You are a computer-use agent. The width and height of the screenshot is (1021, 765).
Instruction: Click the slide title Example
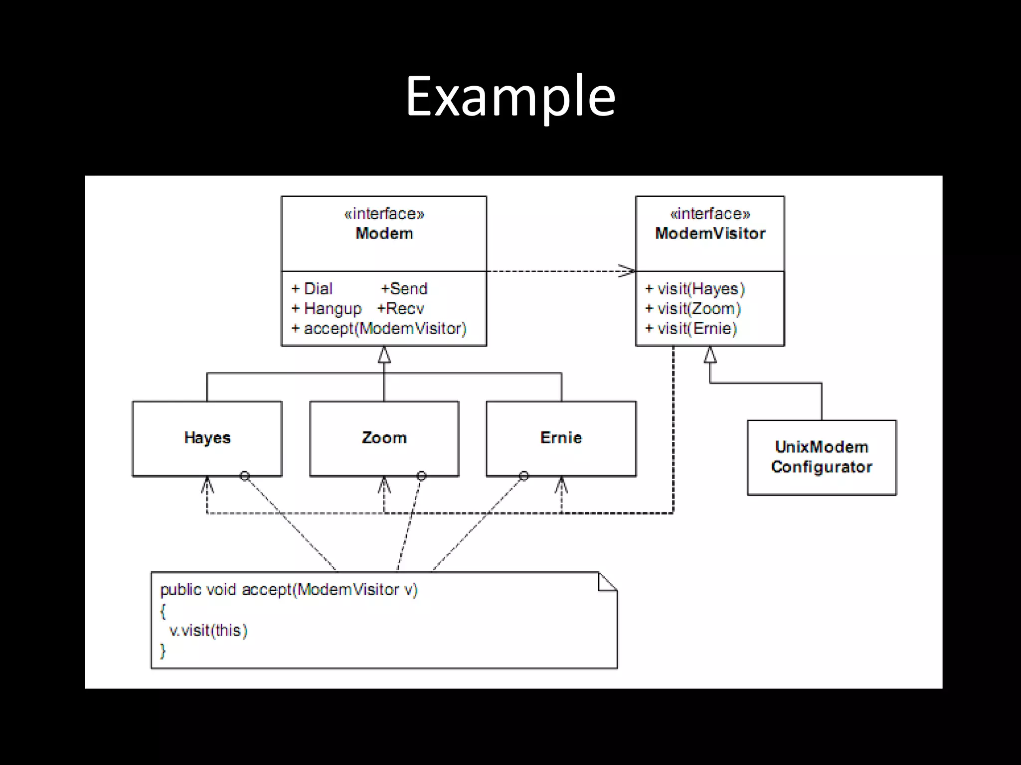[x=510, y=96]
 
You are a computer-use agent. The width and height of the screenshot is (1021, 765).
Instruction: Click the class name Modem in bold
[x=384, y=233]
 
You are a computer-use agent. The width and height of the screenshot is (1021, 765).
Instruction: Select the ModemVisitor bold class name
[x=710, y=233]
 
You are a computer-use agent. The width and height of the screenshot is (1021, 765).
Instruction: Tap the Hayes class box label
[x=207, y=438]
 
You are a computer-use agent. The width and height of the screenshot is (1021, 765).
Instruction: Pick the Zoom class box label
[x=384, y=438]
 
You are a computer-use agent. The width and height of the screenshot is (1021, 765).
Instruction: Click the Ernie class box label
[x=561, y=438]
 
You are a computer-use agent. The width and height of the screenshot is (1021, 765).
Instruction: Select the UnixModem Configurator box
[x=822, y=457]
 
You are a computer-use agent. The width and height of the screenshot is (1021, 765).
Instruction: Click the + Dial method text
[x=312, y=289]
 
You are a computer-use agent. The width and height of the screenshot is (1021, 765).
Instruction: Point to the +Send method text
[x=404, y=289]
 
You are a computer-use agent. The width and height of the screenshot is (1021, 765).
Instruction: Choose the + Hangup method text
[x=327, y=309]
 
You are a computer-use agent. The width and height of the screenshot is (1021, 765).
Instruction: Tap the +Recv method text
[x=400, y=309]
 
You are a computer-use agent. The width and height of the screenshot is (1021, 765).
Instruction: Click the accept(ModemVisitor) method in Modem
[x=379, y=329]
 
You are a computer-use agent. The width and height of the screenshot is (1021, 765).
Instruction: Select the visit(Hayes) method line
[x=695, y=289]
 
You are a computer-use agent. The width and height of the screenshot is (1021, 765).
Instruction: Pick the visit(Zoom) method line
[x=693, y=309]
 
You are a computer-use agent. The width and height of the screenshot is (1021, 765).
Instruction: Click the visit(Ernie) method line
[x=691, y=329]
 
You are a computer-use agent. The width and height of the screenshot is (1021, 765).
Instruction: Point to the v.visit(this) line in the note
[x=208, y=631]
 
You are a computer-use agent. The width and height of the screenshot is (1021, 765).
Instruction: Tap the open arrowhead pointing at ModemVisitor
[x=627, y=271]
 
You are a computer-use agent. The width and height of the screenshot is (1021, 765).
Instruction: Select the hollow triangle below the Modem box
[x=384, y=355]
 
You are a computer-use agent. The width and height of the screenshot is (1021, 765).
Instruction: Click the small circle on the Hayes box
[x=244, y=476]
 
